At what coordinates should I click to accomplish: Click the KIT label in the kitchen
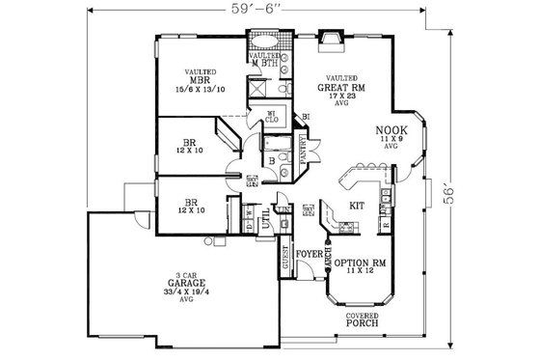(x=355, y=206)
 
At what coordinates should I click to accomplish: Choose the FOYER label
(x=308, y=255)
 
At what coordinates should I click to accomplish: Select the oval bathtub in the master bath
(x=263, y=42)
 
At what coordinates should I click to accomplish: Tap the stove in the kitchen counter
(x=346, y=228)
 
